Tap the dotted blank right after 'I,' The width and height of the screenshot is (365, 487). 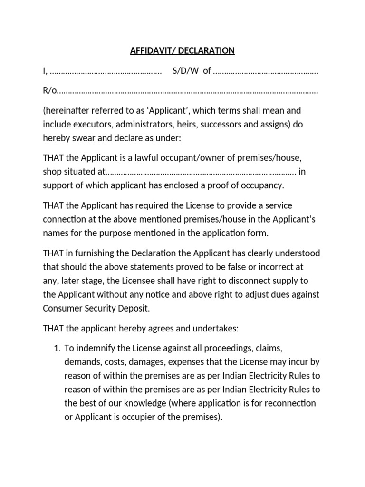click(x=106, y=71)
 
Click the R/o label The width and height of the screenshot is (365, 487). click(x=49, y=90)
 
